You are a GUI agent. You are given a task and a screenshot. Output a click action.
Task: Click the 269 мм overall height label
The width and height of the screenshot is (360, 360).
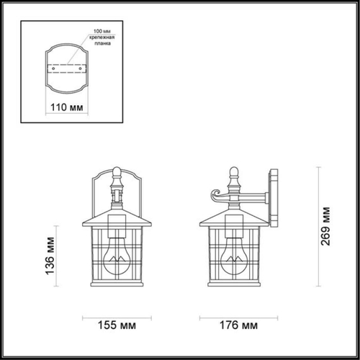[325, 220]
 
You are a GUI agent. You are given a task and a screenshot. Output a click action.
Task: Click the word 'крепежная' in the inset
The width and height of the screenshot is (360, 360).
[102, 40]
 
